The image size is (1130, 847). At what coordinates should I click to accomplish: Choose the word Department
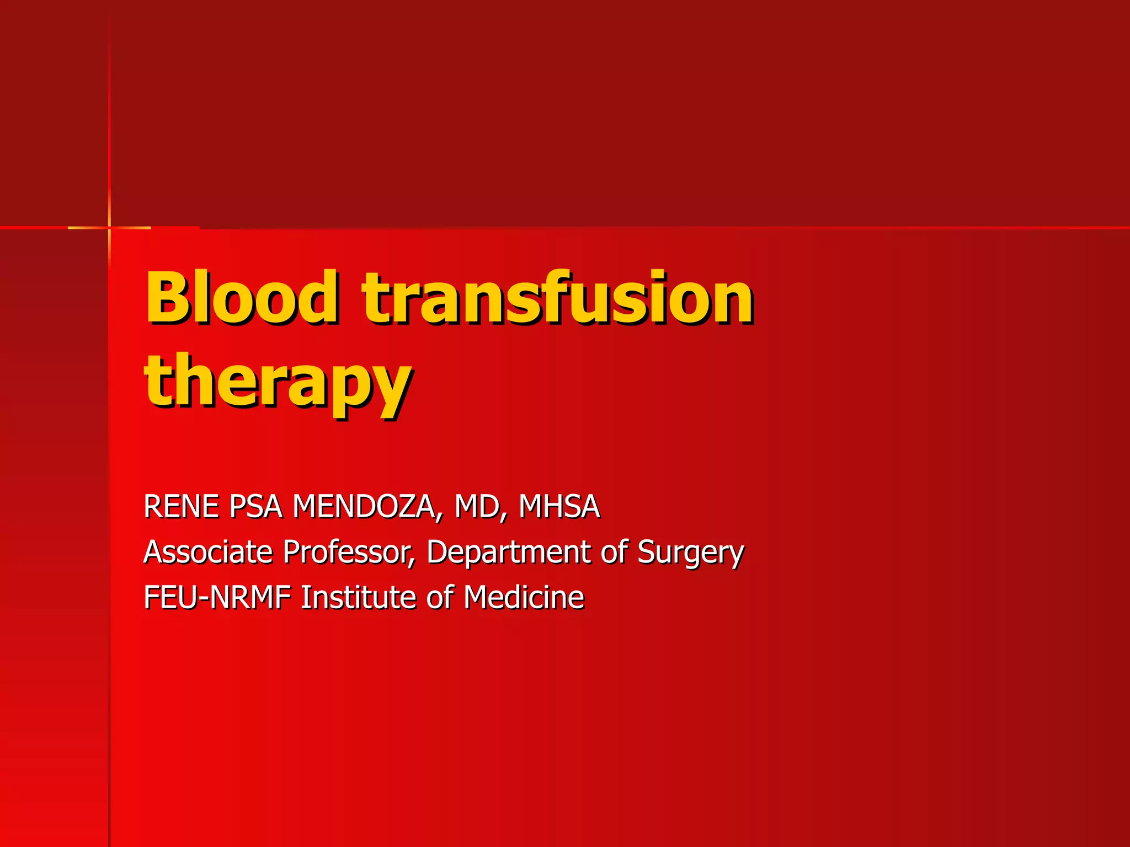pos(508,553)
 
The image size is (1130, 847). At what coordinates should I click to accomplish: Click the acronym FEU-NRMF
pos(217,597)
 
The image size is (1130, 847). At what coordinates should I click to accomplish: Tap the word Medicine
pos(524,597)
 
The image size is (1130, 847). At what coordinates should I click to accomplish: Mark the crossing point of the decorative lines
pos(109,227)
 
